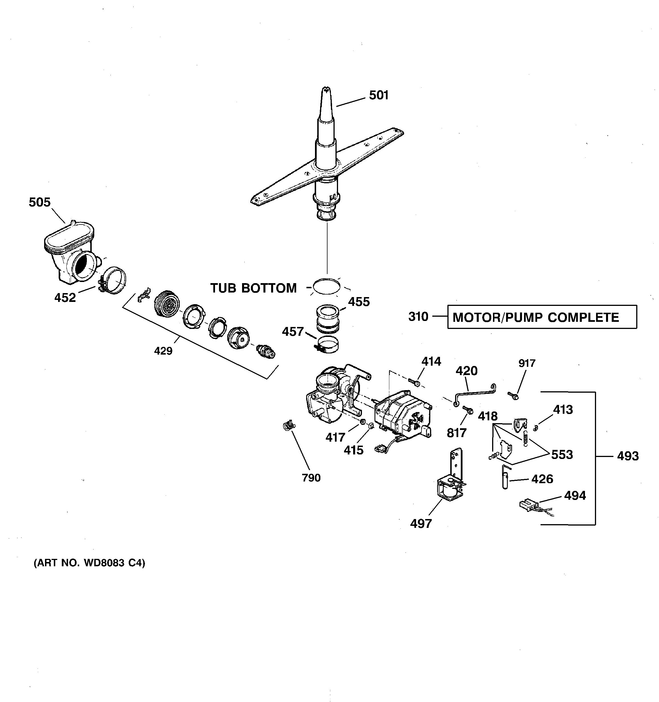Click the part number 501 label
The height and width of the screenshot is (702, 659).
(x=378, y=95)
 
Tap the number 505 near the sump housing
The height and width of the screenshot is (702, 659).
(x=40, y=202)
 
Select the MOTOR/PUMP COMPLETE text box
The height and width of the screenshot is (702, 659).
(x=542, y=317)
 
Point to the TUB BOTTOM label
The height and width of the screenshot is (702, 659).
(x=253, y=288)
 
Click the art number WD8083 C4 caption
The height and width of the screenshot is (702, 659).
(x=89, y=563)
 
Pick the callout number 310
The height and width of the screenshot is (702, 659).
(x=418, y=317)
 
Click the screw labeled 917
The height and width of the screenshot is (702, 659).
(x=513, y=396)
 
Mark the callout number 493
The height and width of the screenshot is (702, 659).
(x=628, y=456)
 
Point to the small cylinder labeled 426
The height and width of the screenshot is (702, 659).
(x=505, y=477)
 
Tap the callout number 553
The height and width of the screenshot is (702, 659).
(x=562, y=454)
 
